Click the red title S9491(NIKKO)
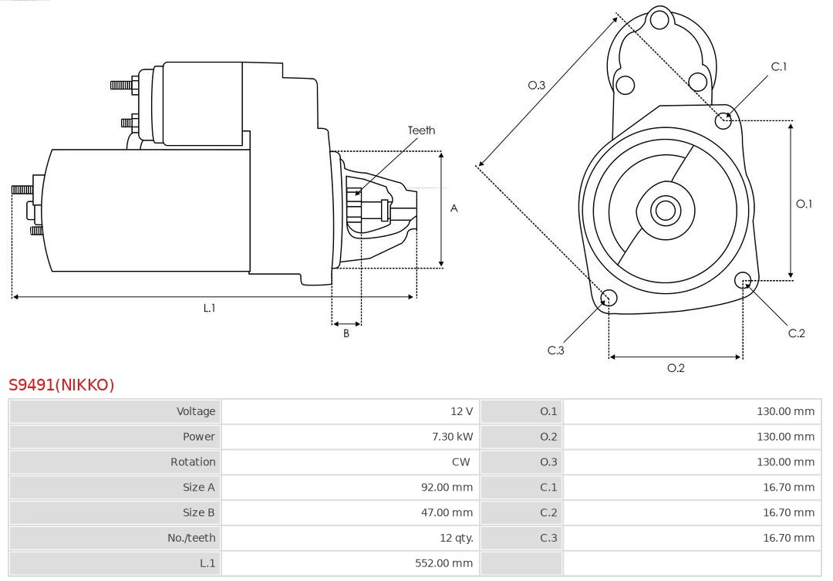62,385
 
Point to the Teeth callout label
421,130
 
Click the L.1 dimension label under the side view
209,308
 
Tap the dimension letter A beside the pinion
454,208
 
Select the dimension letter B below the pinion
346,334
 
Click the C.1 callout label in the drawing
779,67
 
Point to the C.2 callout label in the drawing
796,333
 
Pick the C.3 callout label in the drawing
556,350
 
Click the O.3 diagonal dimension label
537,85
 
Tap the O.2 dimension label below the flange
676,368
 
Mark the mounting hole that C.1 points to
723,120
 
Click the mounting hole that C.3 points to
609,299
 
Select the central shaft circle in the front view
664,210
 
